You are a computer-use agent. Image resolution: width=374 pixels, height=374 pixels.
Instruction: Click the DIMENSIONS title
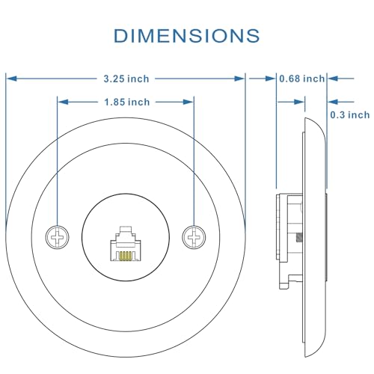[186, 36]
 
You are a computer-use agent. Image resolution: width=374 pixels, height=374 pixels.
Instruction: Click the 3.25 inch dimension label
[126, 79]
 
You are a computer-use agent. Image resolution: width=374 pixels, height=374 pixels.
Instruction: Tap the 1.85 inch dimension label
[127, 102]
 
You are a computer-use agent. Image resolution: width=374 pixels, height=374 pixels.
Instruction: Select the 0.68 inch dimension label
[302, 79]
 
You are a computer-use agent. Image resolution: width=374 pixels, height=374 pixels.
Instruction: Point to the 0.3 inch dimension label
[350, 115]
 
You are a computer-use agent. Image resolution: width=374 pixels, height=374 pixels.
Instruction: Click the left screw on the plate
[58, 237]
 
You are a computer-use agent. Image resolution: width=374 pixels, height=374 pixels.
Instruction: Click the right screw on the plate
[194, 237]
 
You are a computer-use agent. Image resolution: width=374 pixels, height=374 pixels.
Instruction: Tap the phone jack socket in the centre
[126, 244]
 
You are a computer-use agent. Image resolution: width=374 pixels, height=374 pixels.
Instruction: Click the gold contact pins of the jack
[126, 256]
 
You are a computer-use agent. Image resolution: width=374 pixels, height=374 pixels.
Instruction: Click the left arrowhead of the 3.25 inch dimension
[12, 79]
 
